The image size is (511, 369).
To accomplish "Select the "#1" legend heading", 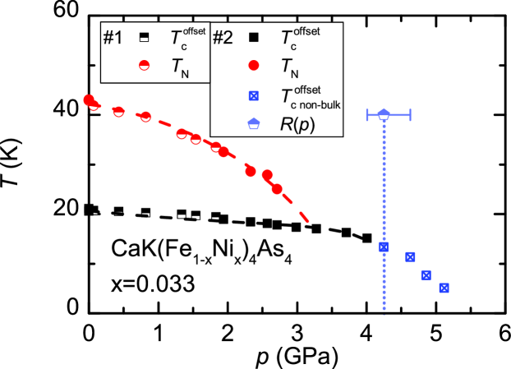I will tap(113, 38).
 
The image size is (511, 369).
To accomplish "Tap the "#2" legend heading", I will tap(223, 38).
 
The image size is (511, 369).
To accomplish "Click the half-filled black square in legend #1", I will tap(144, 38).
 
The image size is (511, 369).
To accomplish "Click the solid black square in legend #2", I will tap(255, 38).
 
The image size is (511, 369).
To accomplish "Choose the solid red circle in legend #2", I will tap(255, 66).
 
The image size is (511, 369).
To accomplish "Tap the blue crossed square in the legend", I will tap(255, 95).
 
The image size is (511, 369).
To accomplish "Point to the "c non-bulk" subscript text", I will tap(313, 104).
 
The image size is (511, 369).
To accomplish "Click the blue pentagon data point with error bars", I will tap(384, 114).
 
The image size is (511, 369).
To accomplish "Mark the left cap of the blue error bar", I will tap(367, 114).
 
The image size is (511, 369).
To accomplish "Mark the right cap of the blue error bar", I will tap(410, 114).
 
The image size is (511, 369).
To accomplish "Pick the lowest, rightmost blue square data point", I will tap(444, 288).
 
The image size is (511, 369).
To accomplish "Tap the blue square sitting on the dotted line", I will tap(383, 247).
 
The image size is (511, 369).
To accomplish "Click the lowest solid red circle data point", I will tap(277, 189).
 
